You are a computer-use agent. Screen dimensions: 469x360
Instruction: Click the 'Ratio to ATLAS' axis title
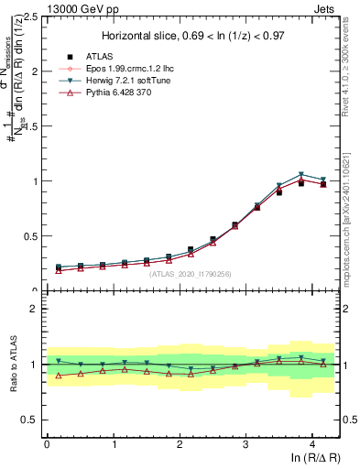point(13,364)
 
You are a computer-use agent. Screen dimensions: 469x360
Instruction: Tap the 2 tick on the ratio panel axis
point(35,309)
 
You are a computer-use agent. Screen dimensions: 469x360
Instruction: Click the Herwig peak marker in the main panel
point(301,174)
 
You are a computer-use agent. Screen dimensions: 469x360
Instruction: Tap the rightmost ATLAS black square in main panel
point(322,184)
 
